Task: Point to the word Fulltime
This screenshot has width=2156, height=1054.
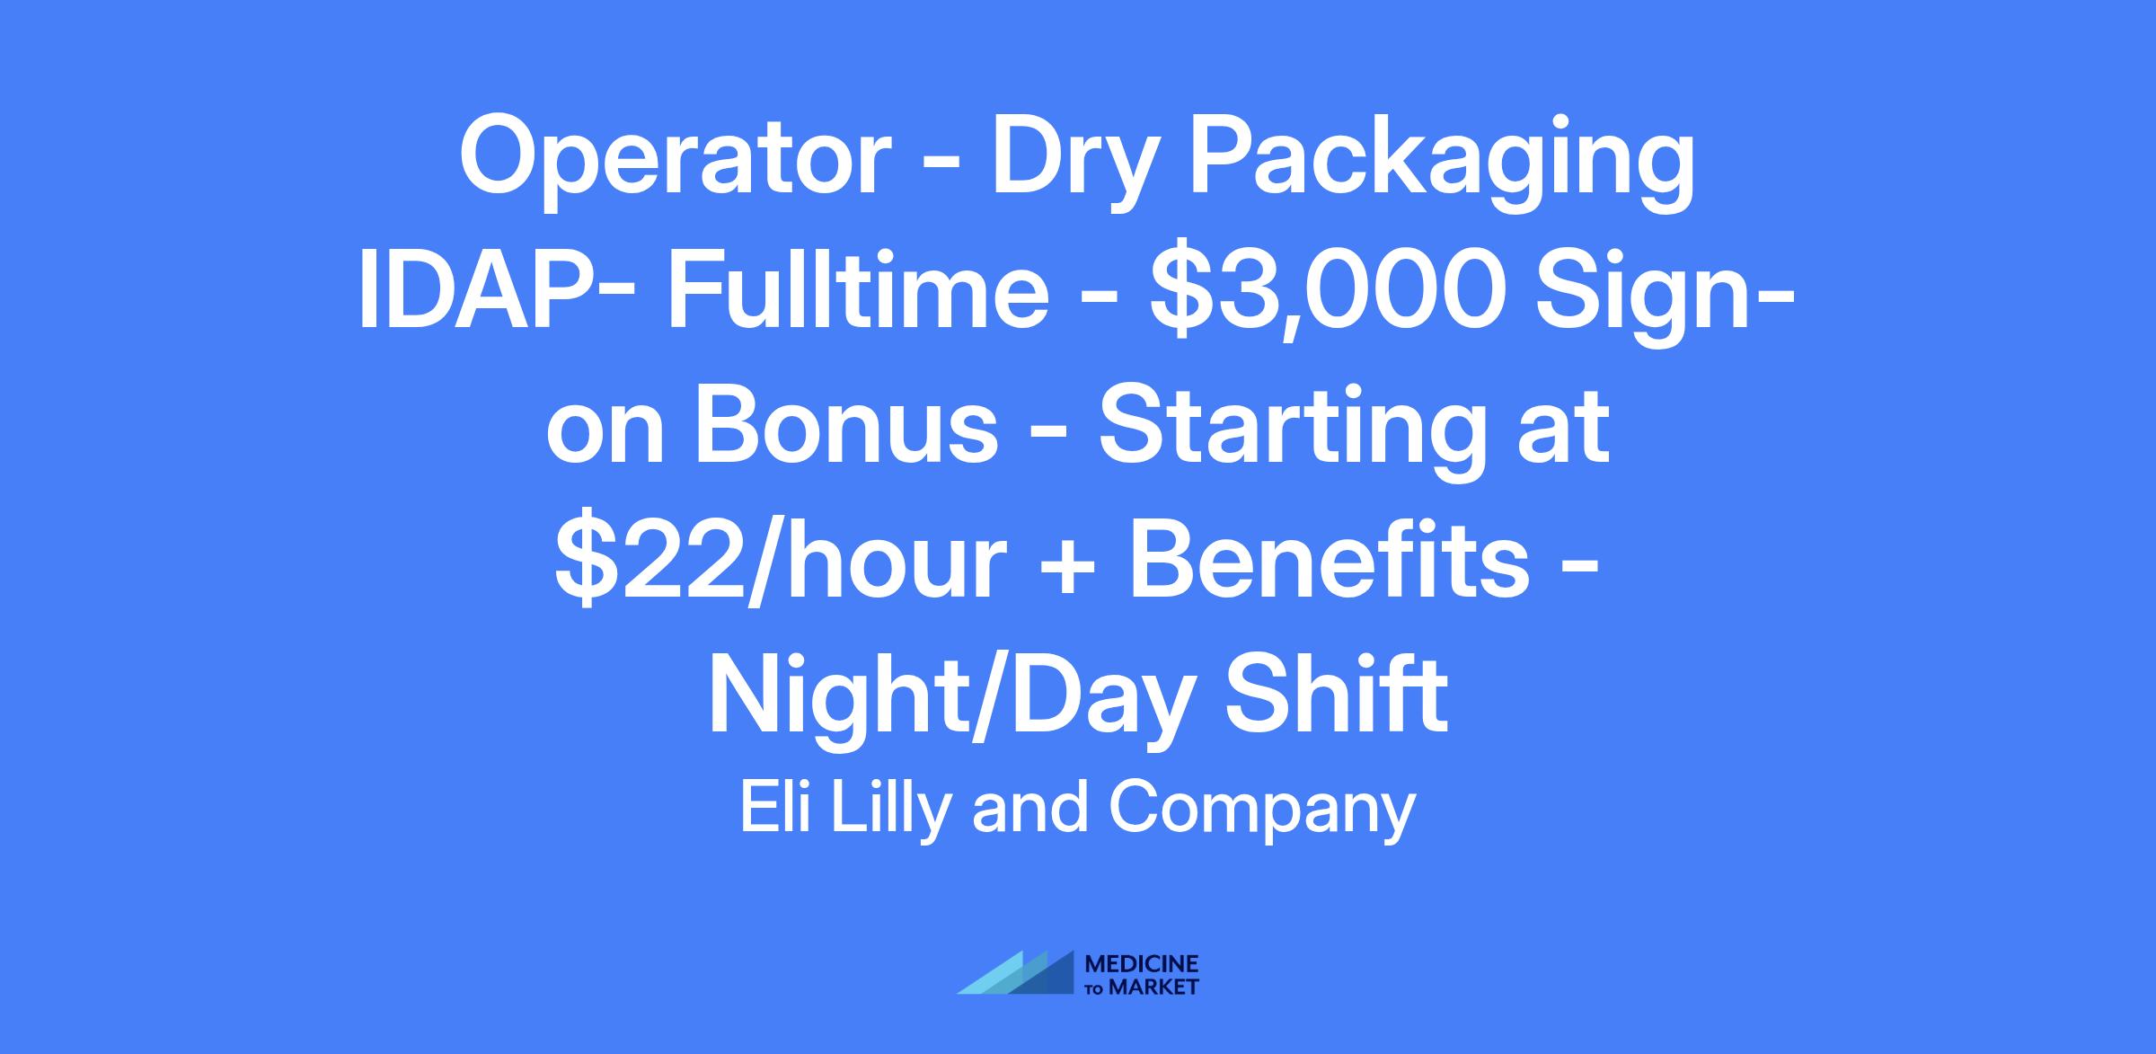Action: pyautogui.click(x=858, y=293)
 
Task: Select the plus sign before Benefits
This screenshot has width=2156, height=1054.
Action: pyautogui.click(x=1066, y=566)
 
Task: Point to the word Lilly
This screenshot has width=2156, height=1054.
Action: pyautogui.click(x=891, y=812)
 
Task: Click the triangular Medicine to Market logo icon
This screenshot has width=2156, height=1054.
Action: pyautogui.click(x=1015, y=972)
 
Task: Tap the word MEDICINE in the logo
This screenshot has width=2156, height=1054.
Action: pyautogui.click(x=1142, y=964)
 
